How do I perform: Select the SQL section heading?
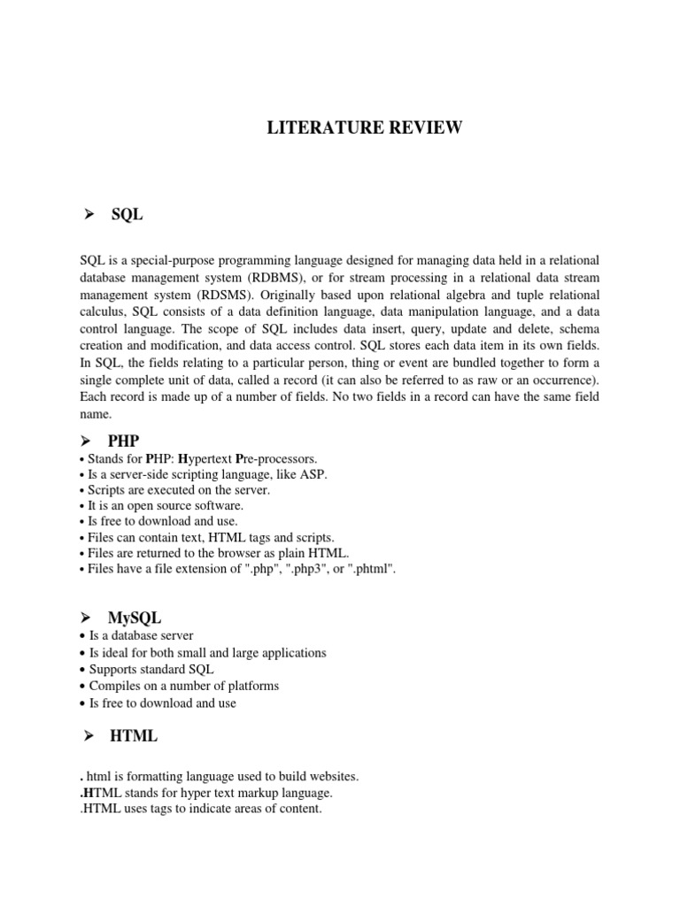pyautogui.click(x=127, y=215)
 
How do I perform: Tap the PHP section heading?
pyautogui.click(x=124, y=441)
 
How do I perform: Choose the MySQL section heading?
pyautogui.click(x=135, y=618)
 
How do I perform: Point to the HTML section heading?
pyautogui.click(x=134, y=736)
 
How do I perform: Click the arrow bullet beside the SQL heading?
pyautogui.click(x=88, y=215)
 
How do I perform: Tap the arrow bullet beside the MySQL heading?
pyautogui.click(x=88, y=618)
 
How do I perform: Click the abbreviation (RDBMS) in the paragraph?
pyautogui.click(x=276, y=277)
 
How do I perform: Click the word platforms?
pyautogui.click(x=251, y=686)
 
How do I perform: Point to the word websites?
pyautogui.click(x=328, y=776)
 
